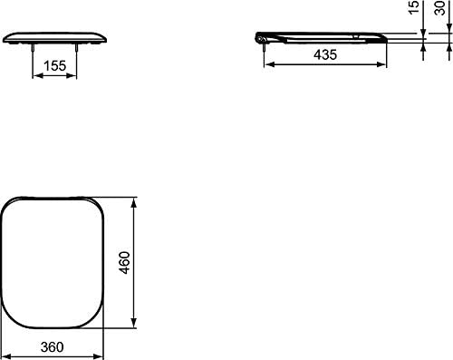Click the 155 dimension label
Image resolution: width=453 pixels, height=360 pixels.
[54, 66]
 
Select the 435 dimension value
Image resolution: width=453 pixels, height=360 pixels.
[325, 54]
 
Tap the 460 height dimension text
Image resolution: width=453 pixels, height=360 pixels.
[124, 262]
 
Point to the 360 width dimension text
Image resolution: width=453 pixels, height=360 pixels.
[52, 347]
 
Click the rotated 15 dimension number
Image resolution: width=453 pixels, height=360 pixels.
[414, 7]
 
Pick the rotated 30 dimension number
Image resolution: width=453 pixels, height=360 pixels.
[439, 8]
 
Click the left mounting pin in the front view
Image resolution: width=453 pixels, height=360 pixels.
[33, 48]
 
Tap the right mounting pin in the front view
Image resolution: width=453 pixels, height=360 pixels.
[76, 48]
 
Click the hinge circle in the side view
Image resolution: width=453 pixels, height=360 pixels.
[260, 38]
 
